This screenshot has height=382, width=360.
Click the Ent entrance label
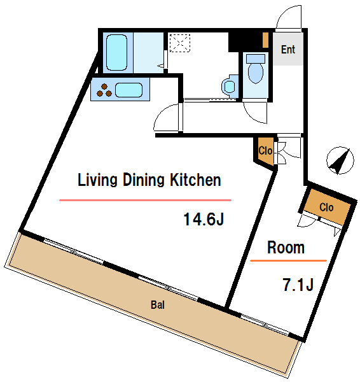pos(288,50)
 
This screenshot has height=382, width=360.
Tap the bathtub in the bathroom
pos(117,53)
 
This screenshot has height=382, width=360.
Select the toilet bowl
pos(256,73)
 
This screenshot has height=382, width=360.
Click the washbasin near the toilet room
pos(230,86)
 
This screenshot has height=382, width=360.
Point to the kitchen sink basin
pos(128,90)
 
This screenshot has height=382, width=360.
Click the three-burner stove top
pos(104,90)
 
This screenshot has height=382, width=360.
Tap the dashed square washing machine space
pos(179,43)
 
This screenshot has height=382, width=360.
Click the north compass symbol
pos(340,160)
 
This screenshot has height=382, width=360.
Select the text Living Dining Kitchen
pos(149,180)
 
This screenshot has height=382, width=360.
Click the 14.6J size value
pos(204,219)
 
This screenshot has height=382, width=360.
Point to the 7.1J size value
pos(298,285)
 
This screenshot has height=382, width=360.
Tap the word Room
pos(286,248)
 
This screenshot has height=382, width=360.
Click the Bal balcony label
pos(158,305)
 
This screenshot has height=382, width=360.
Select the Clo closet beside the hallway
pos(265,151)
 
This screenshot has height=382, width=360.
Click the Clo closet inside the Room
pos(326,208)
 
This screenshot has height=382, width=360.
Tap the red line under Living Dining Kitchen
pos(145,201)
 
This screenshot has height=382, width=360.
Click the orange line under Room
pos(288,260)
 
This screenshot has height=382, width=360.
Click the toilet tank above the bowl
pos(256,59)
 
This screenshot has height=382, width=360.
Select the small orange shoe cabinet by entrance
pos(266,40)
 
